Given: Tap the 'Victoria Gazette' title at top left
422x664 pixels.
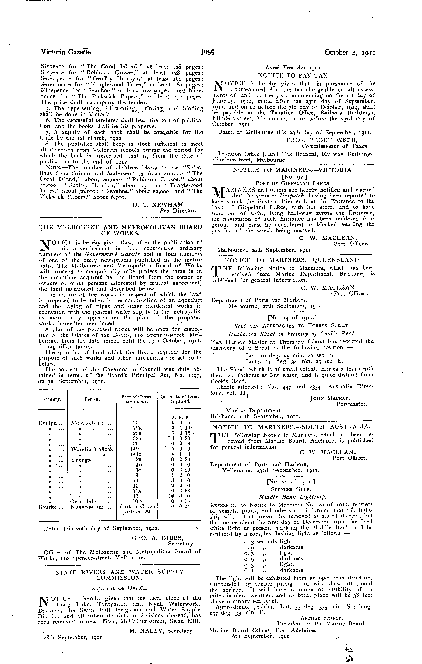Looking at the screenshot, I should tap(66, 52).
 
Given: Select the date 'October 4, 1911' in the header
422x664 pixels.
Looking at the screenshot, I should tap(350, 52).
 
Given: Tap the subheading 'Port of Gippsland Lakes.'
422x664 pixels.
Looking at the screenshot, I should tap(293, 183).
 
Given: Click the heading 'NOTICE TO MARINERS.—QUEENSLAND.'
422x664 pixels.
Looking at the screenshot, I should tap(293, 259).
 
